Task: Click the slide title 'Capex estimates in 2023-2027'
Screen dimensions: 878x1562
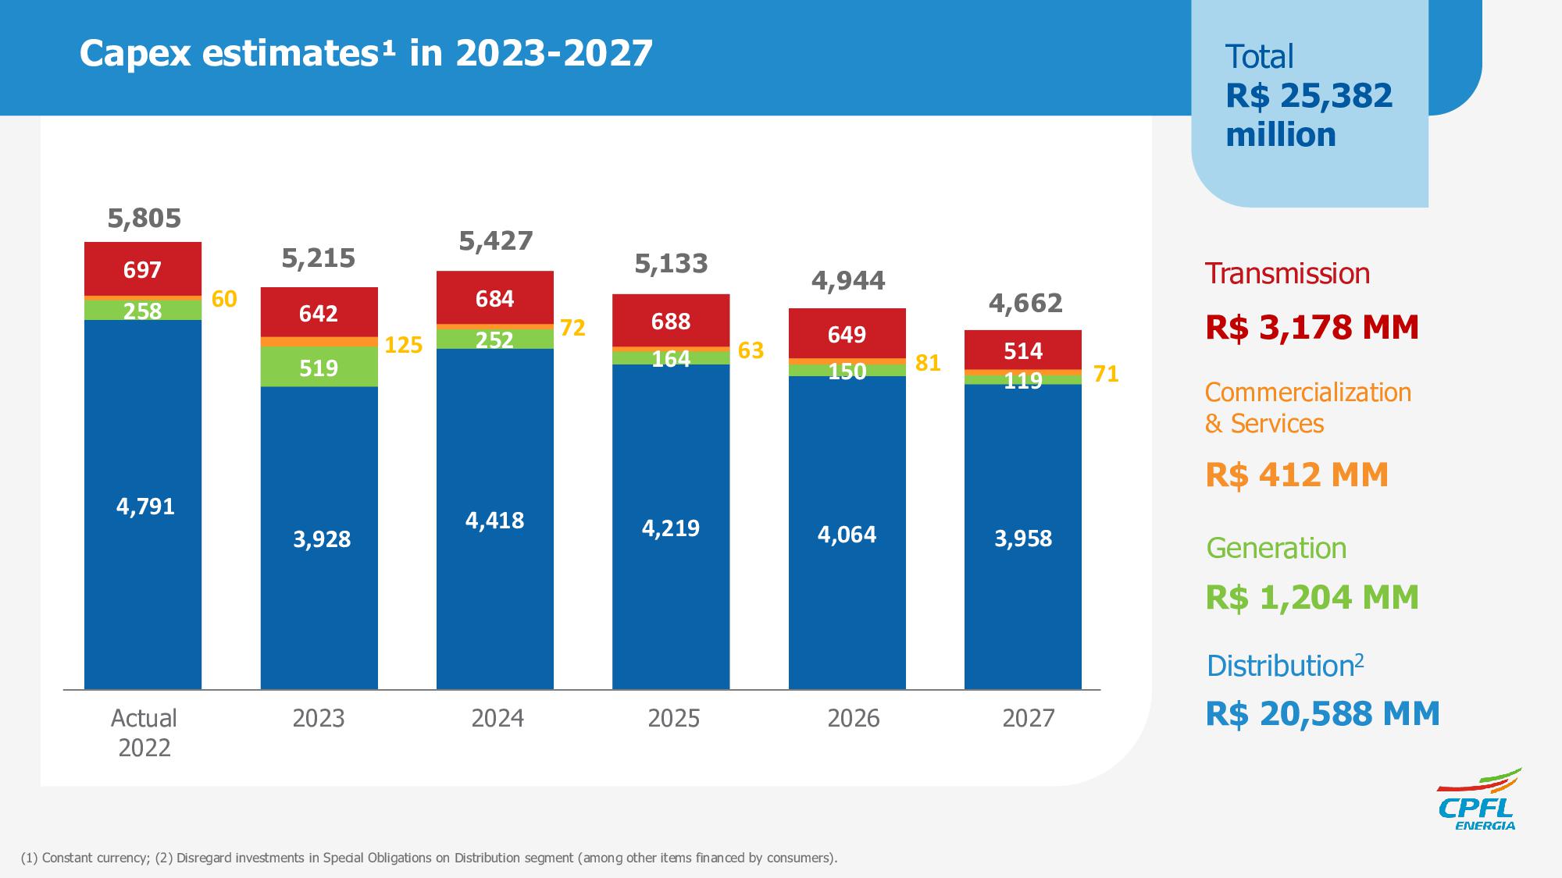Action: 366,54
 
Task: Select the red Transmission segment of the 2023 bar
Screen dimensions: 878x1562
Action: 319,312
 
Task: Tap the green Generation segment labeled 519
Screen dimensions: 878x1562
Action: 319,368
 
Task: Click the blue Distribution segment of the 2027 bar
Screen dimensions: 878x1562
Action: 1022,538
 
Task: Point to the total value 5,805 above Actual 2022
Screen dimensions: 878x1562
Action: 144,219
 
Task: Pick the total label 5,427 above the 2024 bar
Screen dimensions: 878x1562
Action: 495,241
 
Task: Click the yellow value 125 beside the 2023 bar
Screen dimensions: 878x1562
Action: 404,345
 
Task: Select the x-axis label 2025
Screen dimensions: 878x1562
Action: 673,718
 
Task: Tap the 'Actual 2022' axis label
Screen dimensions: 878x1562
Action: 144,732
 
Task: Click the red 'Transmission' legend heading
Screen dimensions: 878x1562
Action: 1287,274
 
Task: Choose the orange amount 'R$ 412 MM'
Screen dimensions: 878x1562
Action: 1296,475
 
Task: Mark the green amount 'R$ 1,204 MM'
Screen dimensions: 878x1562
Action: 1312,597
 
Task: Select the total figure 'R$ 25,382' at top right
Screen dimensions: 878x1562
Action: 1309,96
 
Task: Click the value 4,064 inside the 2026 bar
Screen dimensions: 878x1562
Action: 847,535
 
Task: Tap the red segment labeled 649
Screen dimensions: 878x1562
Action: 847,334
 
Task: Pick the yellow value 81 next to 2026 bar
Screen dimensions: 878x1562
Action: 928,363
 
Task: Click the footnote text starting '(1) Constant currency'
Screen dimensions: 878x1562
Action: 429,858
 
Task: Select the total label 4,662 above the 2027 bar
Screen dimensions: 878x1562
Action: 1025,303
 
